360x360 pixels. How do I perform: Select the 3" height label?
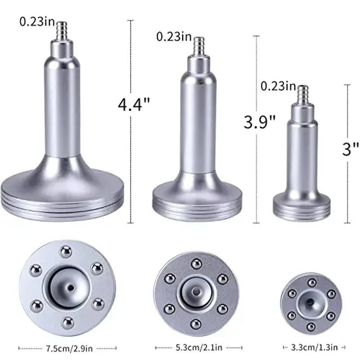[350, 148]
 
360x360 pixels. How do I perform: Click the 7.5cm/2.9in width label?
[67, 347]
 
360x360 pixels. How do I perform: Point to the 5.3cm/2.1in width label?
[198, 347]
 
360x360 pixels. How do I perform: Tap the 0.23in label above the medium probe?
[174, 36]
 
